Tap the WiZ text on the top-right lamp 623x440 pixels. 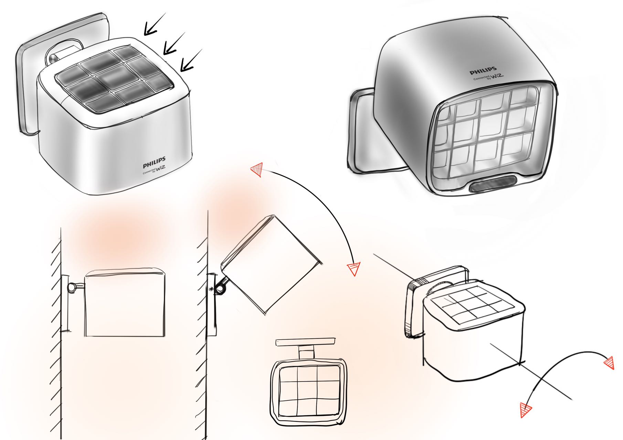point(495,76)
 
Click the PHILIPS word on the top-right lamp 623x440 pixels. point(483,70)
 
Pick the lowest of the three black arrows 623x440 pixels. point(190,61)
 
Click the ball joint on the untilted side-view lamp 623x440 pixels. point(73,287)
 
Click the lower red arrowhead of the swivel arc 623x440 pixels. point(526,410)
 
